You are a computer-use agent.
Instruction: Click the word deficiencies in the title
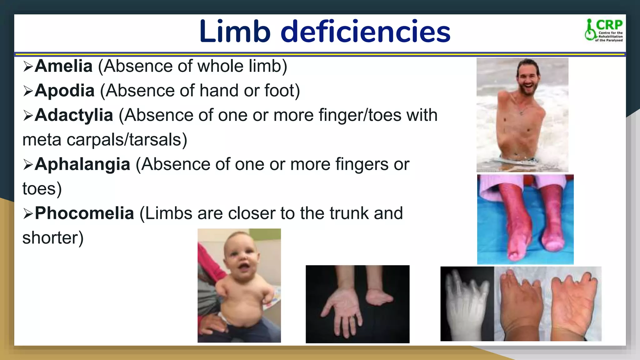365,32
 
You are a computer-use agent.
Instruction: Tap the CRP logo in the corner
604,30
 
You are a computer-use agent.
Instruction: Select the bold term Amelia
63,66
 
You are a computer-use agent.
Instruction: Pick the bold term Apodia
65,91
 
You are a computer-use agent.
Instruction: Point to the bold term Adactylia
74,115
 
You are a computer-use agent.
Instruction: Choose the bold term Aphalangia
82,164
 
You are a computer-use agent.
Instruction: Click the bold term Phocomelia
84,213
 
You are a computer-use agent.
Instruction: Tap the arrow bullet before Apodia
28,91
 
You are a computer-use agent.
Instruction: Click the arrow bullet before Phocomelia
28,214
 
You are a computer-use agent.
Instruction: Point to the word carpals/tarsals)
127,140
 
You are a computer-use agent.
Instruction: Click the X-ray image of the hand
467,303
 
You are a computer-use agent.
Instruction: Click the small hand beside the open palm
379,295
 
